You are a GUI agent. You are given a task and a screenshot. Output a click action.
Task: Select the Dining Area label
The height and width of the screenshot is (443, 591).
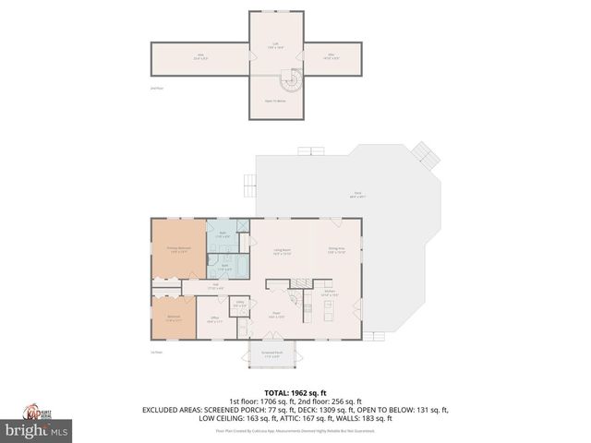337,250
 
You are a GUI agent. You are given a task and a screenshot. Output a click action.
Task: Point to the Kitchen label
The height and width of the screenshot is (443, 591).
328,294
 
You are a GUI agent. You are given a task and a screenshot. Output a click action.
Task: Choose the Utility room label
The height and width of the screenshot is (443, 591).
239,305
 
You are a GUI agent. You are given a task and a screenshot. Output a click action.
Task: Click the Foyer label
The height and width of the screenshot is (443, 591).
274,316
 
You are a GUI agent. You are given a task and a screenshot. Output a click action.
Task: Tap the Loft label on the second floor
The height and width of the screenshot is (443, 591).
274,43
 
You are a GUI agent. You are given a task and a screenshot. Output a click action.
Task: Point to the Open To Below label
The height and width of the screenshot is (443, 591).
274,101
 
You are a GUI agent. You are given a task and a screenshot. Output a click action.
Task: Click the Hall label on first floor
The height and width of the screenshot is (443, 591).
215,285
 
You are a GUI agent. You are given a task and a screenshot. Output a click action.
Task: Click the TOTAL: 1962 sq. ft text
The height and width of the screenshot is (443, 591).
295,391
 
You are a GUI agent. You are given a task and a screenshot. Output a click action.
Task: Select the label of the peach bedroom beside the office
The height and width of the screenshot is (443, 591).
174,318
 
